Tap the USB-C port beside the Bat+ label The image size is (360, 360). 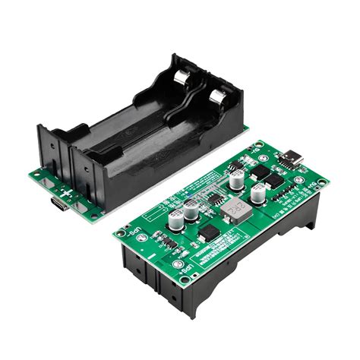click(292, 159)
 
